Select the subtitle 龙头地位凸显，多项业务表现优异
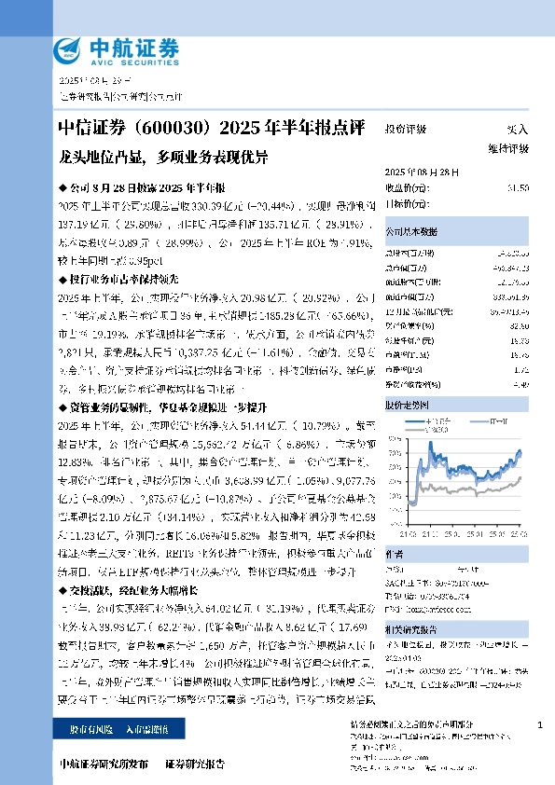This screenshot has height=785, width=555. point(162,156)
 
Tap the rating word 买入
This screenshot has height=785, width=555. point(517,131)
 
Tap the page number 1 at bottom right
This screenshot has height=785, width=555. point(539,724)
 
